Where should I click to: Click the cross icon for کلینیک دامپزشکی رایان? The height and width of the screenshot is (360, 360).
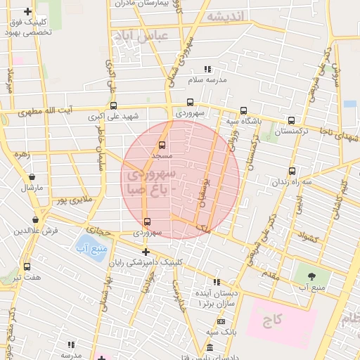(x=146, y=252)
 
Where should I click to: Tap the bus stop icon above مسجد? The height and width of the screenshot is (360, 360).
(x=162, y=145)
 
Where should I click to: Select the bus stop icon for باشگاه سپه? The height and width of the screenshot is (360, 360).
(x=243, y=110)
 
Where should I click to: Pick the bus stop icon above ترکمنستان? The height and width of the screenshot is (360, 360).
(x=291, y=121)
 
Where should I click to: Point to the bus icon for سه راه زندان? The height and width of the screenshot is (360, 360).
(x=292, y=171)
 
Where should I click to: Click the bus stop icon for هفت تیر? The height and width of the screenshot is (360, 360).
(x=27, y=267)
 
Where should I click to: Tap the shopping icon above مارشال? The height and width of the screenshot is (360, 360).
(x=32, y=177)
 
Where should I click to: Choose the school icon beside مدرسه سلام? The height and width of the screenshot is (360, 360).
(x=207, y=69)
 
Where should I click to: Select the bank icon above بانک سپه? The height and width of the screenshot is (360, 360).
(x=221, y=321)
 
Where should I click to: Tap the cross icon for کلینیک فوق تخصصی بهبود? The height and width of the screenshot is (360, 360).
(x=27, y=12)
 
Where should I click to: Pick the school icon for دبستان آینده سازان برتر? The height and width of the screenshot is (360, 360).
(x=217, y=282)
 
